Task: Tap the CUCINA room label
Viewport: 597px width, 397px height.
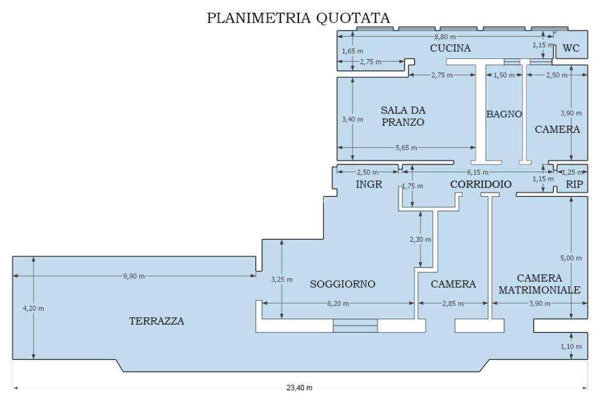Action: click(x=450, y=48)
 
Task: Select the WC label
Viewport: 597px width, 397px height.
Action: click(x=571, y=49)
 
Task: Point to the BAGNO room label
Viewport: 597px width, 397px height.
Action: click(x=504, y=114)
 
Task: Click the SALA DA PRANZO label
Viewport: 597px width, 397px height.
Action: click(x=402, y=116)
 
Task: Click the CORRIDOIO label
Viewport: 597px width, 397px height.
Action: click(x=481, y=185)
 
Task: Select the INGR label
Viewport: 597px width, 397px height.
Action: click(x=368, y=185)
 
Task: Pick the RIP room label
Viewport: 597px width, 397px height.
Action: click(x=574, y=185)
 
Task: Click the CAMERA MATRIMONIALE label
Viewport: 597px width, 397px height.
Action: click(x=539, y=283)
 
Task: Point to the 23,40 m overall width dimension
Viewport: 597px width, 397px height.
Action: click(x=300, y=388)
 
